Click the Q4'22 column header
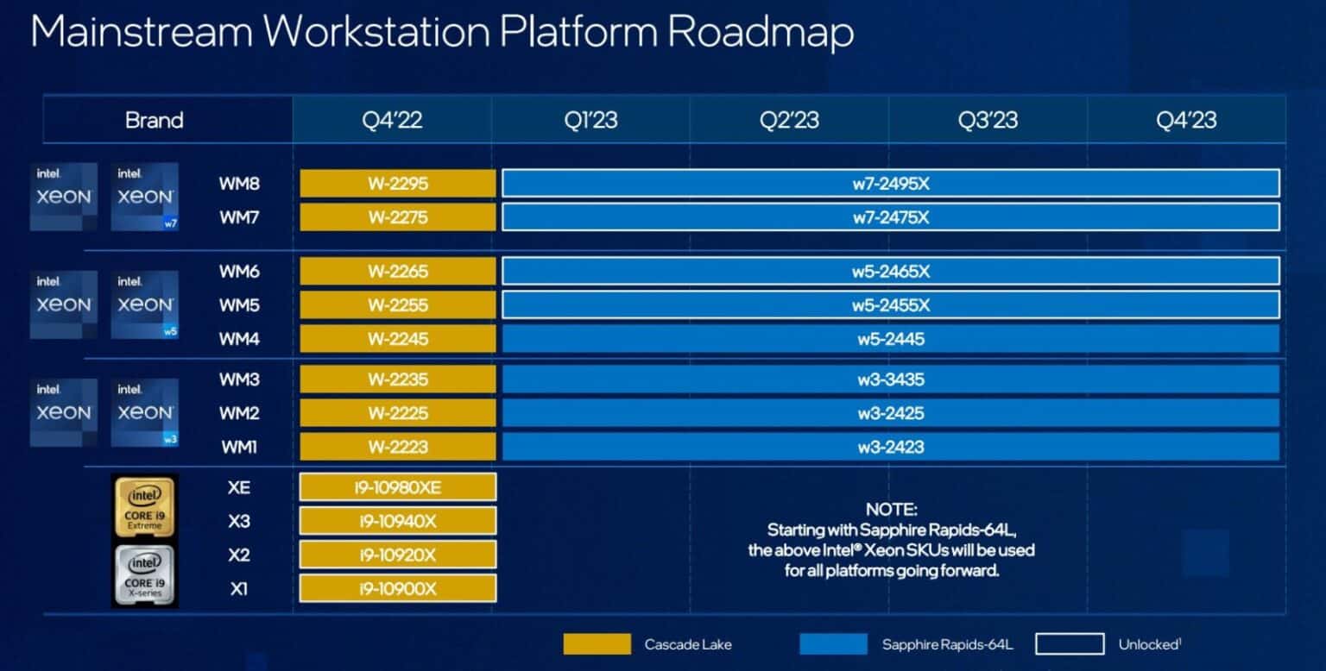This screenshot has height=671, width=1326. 392,120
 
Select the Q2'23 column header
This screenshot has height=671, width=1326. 789,120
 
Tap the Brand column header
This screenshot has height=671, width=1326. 155,120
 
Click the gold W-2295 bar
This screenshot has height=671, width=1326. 398,184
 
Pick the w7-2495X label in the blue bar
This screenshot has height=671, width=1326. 891,184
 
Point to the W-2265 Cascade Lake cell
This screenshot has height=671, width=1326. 398,272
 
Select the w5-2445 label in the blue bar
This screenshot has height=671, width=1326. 891,339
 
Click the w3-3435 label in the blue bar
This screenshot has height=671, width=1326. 891,379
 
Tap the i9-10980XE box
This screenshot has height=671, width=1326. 398,487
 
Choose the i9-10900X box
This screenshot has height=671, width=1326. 398,589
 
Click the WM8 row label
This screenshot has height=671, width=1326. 239,184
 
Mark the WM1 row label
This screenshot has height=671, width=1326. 239,447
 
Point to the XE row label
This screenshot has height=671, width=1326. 239,487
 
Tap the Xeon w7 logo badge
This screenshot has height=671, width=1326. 145,197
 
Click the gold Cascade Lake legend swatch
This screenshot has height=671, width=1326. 597,644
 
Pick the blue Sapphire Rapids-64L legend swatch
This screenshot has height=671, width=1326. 833,644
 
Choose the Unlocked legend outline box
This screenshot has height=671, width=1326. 1070,644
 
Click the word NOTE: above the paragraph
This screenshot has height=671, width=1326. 891,510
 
